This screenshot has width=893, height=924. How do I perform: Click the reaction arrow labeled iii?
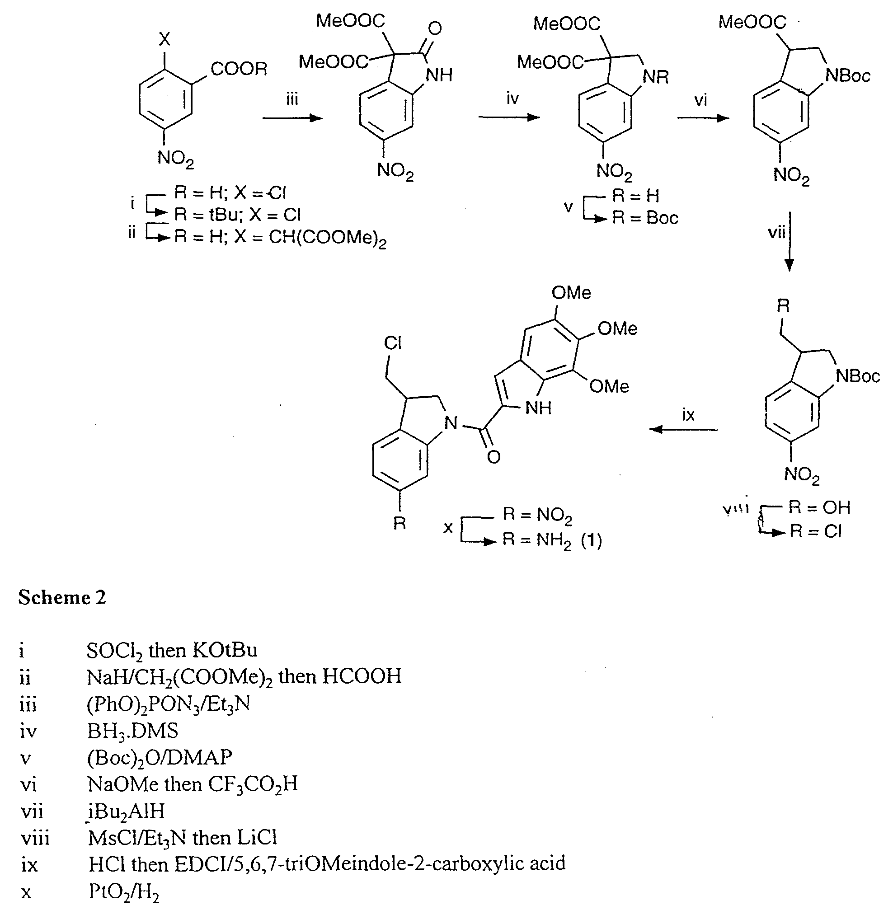292,118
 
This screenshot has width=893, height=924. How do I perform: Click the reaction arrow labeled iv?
509,117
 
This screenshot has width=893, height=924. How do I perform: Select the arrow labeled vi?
703,118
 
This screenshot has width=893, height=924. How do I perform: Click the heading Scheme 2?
62,598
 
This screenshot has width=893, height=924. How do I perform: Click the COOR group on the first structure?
239,69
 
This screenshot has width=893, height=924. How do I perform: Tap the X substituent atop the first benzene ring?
164,40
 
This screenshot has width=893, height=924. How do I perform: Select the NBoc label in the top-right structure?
848,75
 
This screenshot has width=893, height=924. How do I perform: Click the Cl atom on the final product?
392,343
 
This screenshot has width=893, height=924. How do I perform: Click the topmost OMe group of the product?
571,293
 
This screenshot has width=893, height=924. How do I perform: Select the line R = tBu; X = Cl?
237,215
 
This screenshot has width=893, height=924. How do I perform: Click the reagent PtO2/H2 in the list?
123,892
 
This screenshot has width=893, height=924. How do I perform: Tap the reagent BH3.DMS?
132,731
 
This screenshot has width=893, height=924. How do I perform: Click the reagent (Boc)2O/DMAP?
160,758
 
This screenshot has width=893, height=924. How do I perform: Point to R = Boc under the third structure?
644,218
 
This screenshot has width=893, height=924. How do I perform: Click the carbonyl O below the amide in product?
493,456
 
